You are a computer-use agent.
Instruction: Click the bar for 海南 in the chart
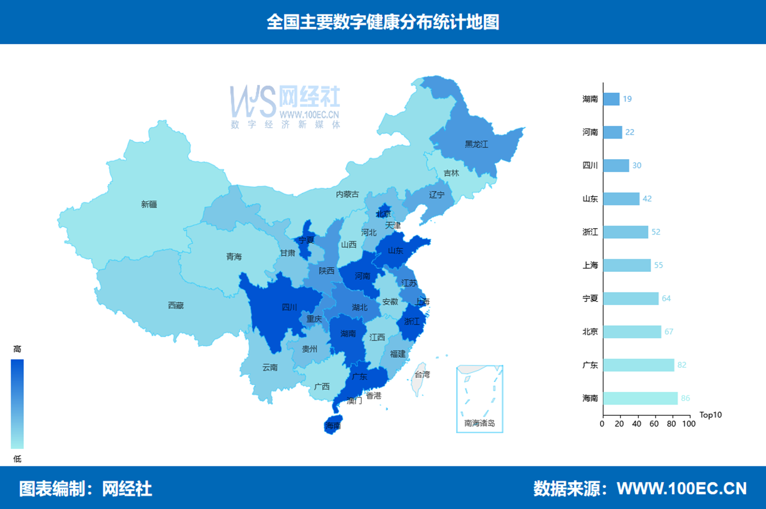[640, 398]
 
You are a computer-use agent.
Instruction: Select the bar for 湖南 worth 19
[611, 99]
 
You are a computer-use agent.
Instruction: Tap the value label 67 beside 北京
[669, 331]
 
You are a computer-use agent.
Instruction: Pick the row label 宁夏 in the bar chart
[590, 298]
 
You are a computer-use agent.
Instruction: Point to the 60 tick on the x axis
[654, 424]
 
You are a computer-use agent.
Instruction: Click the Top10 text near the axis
[710, 415]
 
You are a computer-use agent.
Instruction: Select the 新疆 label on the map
[149, 204]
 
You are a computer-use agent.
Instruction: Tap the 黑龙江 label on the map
[476, 144]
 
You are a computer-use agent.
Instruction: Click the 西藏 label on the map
[175, 306]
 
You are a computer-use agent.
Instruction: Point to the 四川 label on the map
[289, 307]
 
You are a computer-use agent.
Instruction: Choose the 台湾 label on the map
[422, 375]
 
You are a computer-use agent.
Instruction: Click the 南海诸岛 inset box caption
[479, 423]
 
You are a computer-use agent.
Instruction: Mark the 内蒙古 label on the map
[347, 194]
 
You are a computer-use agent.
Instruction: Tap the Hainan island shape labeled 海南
[333, 425]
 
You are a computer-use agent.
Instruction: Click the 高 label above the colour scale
[17, 349]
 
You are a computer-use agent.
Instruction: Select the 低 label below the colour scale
[17, 459]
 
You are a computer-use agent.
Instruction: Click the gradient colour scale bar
[17, 404]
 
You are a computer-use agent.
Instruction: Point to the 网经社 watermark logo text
[309, 97]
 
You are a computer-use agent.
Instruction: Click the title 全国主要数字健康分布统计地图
[382, 22]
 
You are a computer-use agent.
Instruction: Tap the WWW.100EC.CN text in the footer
[681, 488]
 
